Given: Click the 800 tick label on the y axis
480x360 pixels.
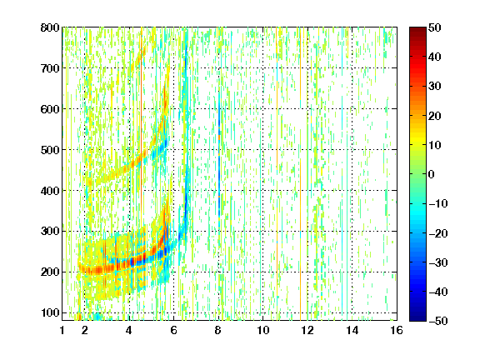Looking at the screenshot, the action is pyautogui.click(x=50, y=27).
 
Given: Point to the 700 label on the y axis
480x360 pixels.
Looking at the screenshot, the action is pyautogui.click(x=50, y=68).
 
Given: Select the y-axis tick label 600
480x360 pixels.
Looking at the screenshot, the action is pyautogui.click(x=50, y=109).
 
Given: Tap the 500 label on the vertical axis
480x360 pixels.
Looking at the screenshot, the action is pyautogui.click(x=50, y=150).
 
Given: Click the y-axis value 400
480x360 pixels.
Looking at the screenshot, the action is pyautogui.click(x=50, y=191).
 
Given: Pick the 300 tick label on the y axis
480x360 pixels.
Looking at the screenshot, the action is pyautogui.click(x=50, y=232).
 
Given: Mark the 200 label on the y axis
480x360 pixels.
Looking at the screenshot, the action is pyautogui.click(x=50, y=272).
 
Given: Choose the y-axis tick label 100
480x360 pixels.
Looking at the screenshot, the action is pyautogui.click(x=50, y=312).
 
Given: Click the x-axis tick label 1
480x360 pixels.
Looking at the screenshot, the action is pyautogui.click(x=62, y=330).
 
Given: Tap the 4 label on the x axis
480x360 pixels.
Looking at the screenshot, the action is pyautogui.click(x=129, y=330).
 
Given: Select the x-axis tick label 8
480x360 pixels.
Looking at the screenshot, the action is pyautogui.click(x=217, y=330).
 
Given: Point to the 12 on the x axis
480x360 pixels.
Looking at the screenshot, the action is pyautogui.click(x=307, y=330).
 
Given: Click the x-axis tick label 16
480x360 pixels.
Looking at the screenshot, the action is pyautogui.click(x=397, y=330).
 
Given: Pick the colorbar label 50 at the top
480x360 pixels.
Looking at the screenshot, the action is pyautogui.click(x=435, y=27).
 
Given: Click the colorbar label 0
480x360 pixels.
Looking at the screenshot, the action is pyautogui.click(x=432, y=174).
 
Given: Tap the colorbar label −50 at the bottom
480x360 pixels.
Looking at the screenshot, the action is pyautogui.click(x=438, y=321).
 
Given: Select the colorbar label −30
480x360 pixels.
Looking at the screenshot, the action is pyautogui.click(x=438, y=262).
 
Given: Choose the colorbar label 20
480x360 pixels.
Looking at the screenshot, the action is pyautogui.click(x=435, y=116).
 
